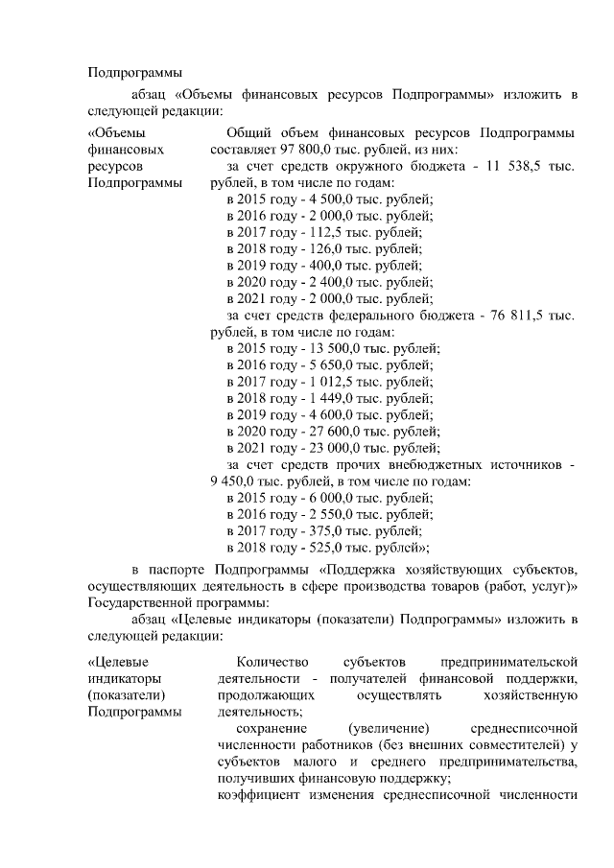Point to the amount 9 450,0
pos(231,481)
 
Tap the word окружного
pos(351,166)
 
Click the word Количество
pos(272,662)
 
